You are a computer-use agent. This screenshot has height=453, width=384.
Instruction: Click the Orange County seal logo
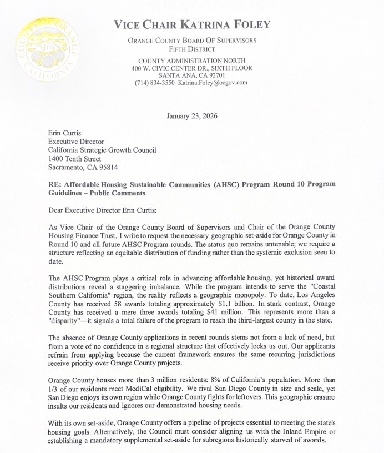pyautogui.click(x=48, y=49)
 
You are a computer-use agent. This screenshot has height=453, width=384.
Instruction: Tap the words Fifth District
pyautogui.click(x=192, y=49)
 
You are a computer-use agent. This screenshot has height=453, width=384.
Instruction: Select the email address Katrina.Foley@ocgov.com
pyautogui.click(x=213, y=83)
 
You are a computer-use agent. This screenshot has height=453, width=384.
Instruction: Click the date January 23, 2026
pyautogui.click(x=192, y=116)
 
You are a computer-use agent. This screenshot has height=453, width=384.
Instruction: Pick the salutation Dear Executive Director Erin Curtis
pyautogui.click(x=109, y=210)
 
